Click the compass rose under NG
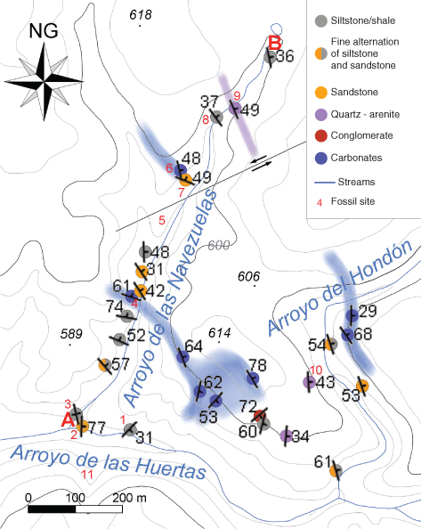pyautogui.click(x=44, y=81)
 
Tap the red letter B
pyautogui.click(x=275, y=43)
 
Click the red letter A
pyautogui.click(x=68, y=420)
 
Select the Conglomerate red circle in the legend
pyautogui.click(x=321, y=135)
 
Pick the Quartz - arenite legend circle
pyautogui.click(x=321, y=114)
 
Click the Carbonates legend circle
pyautogui.click(x=321, y=158)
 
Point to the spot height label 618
pyautogui.click(x=141, y=14)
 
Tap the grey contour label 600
pyautogui.click(x=218, y=245)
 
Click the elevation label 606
pyautogui.click(x=248, y=276)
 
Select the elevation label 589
pyautogui.click(x=71, y=334)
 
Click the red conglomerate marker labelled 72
pyautogui.click(x=260, y=415)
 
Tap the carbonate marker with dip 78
pyautogui.click(x=253, y=378)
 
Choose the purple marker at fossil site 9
pyautogui.click(x=235, y=109)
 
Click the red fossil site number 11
pyautogui.click(x=87, y=475)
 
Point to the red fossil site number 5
pyautogui.click(x=162, y=220)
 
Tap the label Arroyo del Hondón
pyautogui.click(x=340, y=288)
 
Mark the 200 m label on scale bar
pyautogui.click(x=129, y=498)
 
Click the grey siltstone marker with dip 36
pyautogui.click(x=270, y=57)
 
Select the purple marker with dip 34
pyautogui.click(x=287, y=435)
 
